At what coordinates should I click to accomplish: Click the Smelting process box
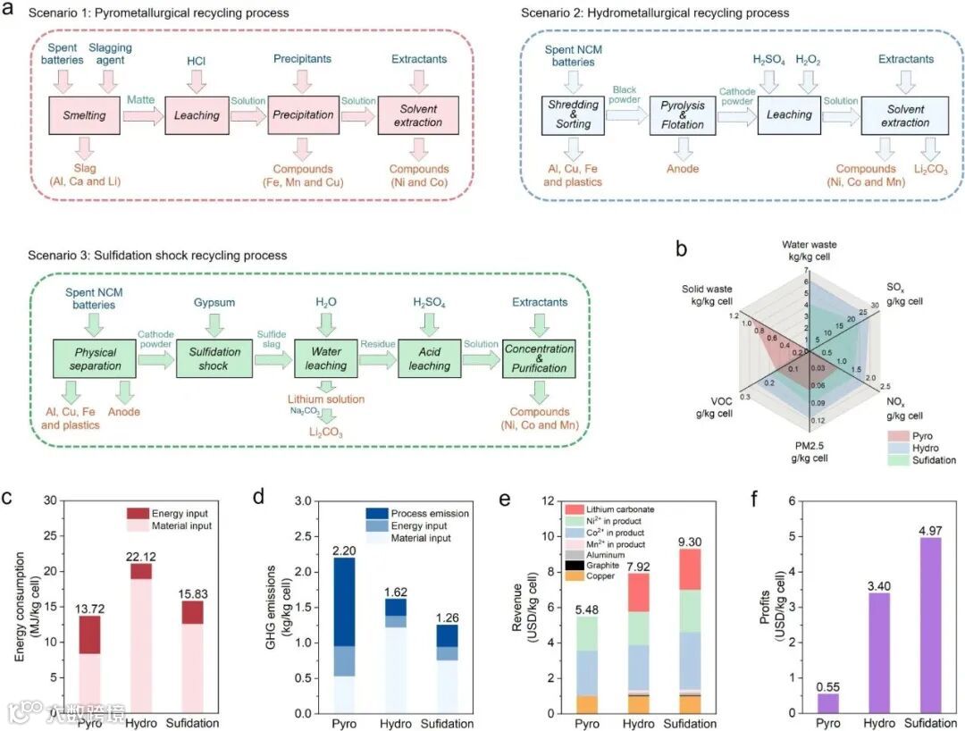coord(85,115)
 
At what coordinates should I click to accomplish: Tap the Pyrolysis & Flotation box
coord(684,115)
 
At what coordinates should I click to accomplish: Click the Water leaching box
coord(325,358)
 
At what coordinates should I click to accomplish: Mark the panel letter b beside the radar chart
coord(682,252)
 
